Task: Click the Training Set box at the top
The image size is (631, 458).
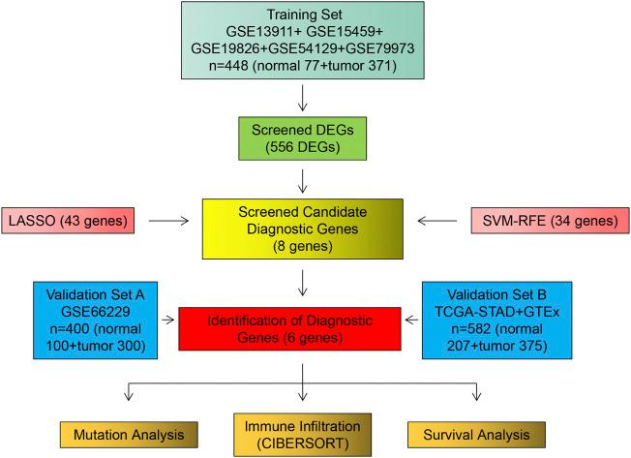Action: [304, 41]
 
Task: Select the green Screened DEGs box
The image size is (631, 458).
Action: [304, 137]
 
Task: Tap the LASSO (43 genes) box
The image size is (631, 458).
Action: [75, 222]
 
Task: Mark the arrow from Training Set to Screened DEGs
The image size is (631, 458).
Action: [304, 97]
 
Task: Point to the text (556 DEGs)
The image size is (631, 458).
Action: [304, 146]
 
